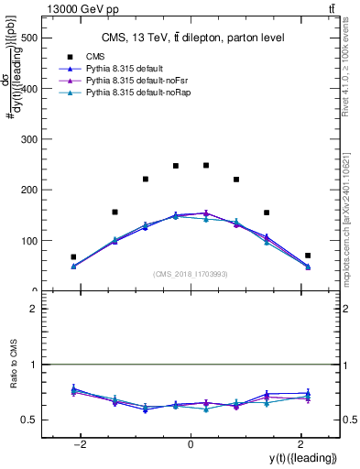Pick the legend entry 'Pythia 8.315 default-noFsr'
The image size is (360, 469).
click(x=125, y=81)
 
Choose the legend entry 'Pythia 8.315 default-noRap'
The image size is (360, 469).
click(x=125, y=93)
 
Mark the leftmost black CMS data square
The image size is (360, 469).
click(x=73, y=257)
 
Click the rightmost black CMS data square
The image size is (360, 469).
click(x=308, y=256)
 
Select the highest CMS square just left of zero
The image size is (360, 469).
click(x=176, y=166)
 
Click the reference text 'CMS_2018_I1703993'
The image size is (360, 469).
click(x=190, y=274)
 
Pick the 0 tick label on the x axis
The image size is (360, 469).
click(x=191, y=444)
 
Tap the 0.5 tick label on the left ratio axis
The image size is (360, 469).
click(x=30, y=420)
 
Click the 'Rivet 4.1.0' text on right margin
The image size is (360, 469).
click(x=350, y=64)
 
